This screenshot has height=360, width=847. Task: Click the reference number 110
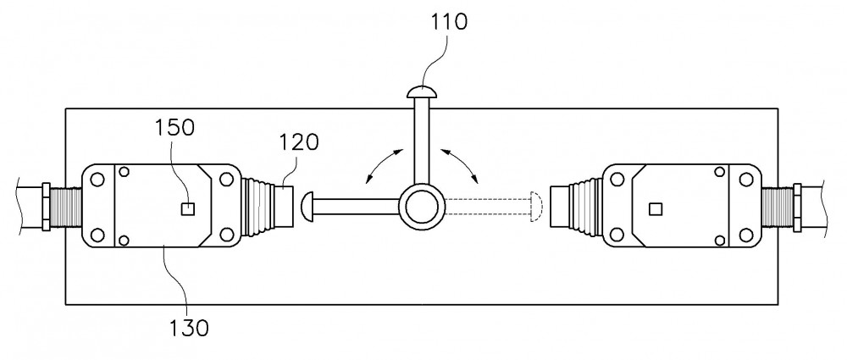pyautogui.click(x=448, y=22)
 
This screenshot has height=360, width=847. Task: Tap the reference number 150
pyautogui.click(x=174, y=128)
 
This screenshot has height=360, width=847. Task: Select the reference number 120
pyautogui.click(x=299, y=142)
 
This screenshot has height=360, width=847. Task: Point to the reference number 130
pyautogui.click(x=189, y=328)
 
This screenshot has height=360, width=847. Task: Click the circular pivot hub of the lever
pyautogui.click(x=421, y=207)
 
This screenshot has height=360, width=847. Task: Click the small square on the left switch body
pyautogui.click(x=187, y=208)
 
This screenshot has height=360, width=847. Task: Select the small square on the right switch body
pyautogui.click(x=656, y=208)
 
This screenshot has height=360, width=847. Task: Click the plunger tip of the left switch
pyautogui.click(x=287, y=206)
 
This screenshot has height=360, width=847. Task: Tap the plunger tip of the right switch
pyautogui.click(x=557, y=206)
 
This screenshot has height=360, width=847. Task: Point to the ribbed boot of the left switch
pyautogui.click(x=260, y=207)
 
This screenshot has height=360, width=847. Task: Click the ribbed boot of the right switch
pyautogui.click(x=584, y=207)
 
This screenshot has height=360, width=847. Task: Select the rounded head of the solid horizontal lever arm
pyautogui.click(x=307, y=207)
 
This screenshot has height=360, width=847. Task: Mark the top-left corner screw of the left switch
pyautogui.click(x=97, y=179)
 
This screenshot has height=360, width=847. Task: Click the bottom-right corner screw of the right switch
pyautogui.click(x=746, y=235)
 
